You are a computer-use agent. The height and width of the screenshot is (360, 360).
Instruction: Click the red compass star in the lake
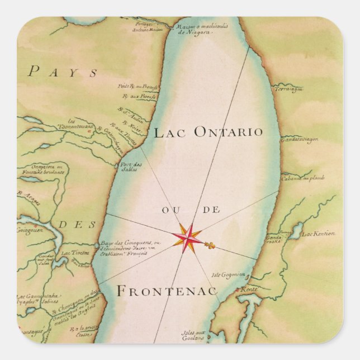point(188,237)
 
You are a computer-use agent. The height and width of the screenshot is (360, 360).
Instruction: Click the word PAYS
point(63,72)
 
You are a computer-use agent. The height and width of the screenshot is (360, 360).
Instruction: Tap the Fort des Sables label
point(131,166)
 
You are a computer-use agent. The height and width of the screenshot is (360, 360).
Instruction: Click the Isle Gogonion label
point(229,274)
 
